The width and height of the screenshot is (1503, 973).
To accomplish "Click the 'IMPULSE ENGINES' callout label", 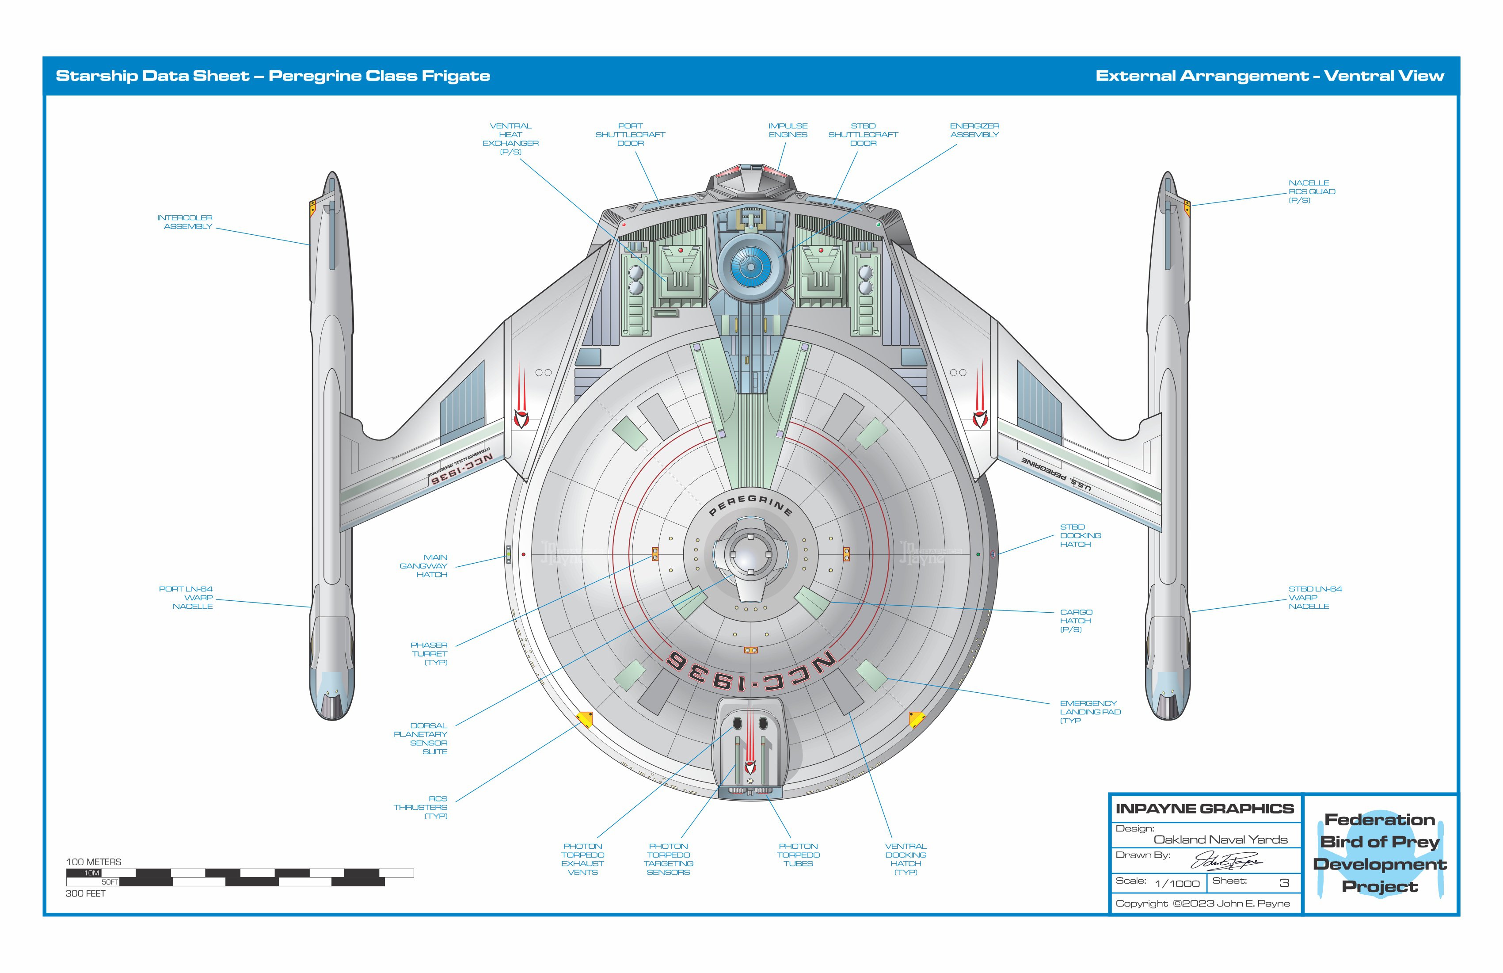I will pyautogui.click(x=788, y=130).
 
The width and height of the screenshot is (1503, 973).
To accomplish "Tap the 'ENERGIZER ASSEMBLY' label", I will pyautogui.click(x=974, y=130).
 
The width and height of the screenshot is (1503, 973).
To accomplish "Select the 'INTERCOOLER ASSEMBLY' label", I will pyautogui.click(x=185, y=222).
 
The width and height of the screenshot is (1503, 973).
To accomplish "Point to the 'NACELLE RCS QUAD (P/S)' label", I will pyautogui.click(x=1311, y=191).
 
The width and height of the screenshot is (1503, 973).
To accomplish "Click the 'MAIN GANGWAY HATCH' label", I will pyautogui.click(x=424, y=566).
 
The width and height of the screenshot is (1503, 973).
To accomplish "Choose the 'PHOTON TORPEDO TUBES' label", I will pyautogui.click(x=798, y=855).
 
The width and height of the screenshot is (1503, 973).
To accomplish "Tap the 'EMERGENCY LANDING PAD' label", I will pyautogui.click(x=1089, y=712).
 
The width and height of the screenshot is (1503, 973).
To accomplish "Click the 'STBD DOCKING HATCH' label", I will pyautogui.click(x=1080, y=536).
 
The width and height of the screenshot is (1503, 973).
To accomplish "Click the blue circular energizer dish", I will pyautogui.click(x=751, y=266).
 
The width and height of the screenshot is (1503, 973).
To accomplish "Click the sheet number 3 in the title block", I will pyautogui.click(x=1284, y=883).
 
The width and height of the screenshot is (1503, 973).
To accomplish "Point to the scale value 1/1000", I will pyautogui.click(x=1177, y=884).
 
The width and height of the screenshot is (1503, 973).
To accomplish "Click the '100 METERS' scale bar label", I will pyautogui.click(x=93, y=862).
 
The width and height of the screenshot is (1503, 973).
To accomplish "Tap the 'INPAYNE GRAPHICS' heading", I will pyautogui.click(x=1204, y=809).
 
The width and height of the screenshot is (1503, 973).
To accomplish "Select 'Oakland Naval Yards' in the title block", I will pyautogui.click(x=1220, y=839).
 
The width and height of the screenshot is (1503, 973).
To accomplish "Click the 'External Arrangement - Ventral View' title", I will pyautogui.click(x=1269, y=76).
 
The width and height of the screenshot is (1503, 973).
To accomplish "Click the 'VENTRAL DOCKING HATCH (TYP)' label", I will pyautogui.click(x=906, y=859).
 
